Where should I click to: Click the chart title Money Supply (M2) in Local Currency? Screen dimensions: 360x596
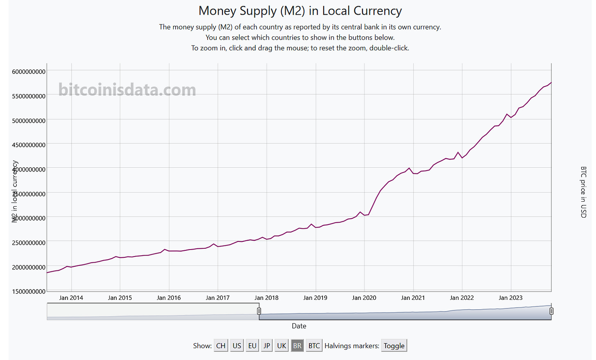coord(300,11)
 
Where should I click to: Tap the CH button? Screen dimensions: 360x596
coord(221,346)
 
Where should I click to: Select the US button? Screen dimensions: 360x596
coord(237,346)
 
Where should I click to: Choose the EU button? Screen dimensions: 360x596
coord(252,346)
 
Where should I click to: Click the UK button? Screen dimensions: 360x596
coord(282,346)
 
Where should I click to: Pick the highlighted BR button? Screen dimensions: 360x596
coord(297,346)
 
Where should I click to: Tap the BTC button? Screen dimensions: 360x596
coord(314,346)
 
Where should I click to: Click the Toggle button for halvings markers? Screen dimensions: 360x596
coord(394,346)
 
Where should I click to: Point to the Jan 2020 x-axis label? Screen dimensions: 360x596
coord(364,298)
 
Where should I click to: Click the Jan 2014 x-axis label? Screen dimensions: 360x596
coord(71,298)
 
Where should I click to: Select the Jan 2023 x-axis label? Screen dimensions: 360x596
coord(510,298)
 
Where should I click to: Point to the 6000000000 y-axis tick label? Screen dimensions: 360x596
coord(29,72)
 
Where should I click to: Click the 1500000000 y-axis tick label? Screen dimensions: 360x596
coord(29,291)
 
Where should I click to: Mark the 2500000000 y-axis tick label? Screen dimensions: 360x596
coord(29,243)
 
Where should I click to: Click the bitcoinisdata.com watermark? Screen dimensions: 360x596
coord(127,90)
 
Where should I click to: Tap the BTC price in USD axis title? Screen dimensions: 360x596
coord(583,192)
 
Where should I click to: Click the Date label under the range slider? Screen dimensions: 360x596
coord(299,326)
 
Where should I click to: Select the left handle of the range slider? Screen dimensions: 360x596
coord(259,311)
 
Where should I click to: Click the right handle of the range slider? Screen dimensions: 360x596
coord(551,311)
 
